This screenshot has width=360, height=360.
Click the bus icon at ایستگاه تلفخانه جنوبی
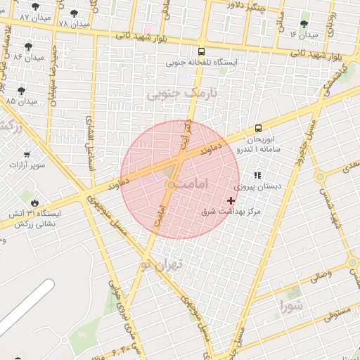coord(202,51)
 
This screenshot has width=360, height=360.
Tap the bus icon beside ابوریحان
coord(259,128)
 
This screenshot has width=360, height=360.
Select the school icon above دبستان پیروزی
coord(257,176)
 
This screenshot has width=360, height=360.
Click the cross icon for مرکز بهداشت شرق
coord(231,200)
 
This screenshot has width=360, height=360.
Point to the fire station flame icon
coord(34,202)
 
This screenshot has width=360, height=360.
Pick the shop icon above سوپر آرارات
coord(27,155)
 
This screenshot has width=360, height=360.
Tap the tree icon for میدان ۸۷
coord(35,6)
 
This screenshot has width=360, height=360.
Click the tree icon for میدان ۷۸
coord(74,13)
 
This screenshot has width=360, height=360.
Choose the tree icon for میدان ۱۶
coord(304,23)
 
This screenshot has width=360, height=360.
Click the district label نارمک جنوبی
coord(181,92)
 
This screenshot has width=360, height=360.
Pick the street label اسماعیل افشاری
coord(90,141)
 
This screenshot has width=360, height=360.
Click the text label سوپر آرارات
coord(27,166)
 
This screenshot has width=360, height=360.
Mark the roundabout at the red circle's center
coord(170,185)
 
